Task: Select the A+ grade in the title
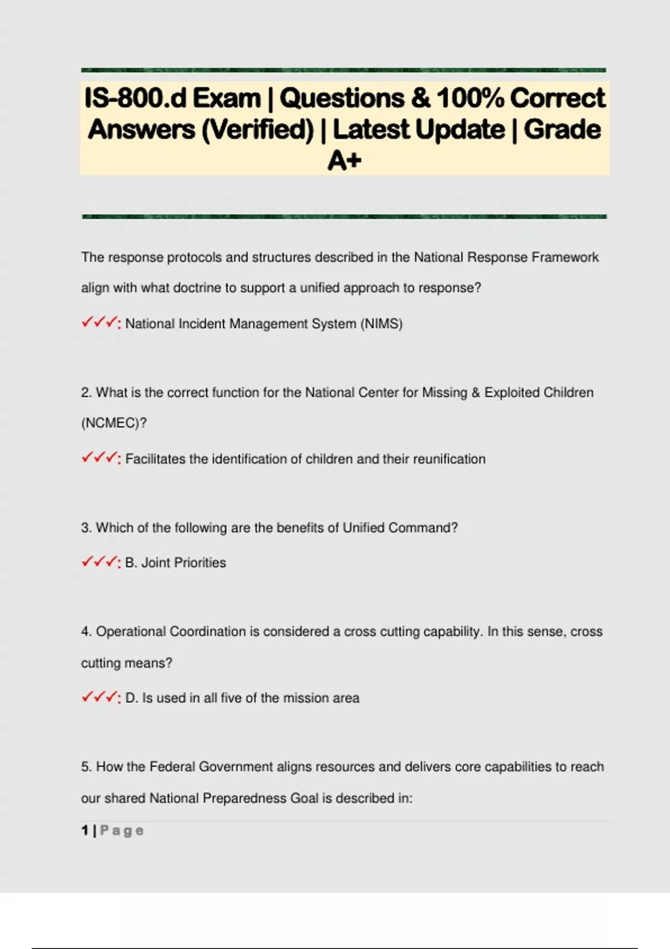pyautogui.click(x=344, y=161)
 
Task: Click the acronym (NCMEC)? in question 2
pyautogui.click(x=114, y=423)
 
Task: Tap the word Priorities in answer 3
pyautogui.click(x=199, y=563)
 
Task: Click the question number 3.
pyautogui.click(x=85, y=528)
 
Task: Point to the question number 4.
pyautogui.click(x=85, y=632)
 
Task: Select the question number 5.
pyautogui.click(x=85, y=767)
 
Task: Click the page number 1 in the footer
pyautogui.click(x=85, y=831)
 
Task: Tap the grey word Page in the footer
pyautogui.click(x=122, y=831)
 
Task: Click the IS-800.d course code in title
pyautogui.click(x=135, y=98)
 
